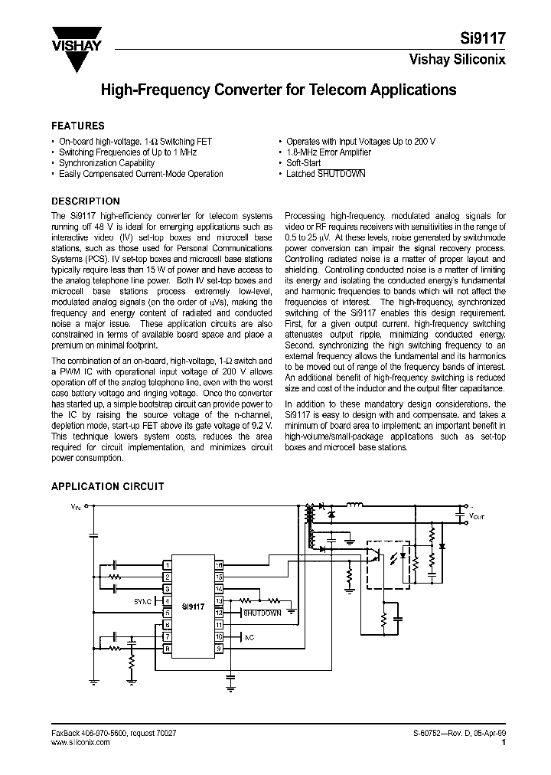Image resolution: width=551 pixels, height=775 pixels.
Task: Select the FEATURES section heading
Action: point(77,126)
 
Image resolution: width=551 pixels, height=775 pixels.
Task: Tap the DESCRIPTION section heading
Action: point(85,201)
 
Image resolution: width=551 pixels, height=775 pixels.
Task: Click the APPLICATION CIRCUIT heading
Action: point(107,486)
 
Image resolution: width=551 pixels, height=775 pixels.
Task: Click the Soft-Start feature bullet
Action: point(303,163)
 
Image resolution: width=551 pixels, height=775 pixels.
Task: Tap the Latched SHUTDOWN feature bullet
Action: point(325,174)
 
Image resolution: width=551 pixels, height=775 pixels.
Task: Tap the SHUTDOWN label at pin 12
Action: point(262,613)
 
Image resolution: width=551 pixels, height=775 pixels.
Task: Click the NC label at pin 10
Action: point(249,637)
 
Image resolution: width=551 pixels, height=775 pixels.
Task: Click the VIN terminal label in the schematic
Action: point(75,506)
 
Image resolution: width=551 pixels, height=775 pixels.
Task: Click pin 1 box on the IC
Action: point(167,564)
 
